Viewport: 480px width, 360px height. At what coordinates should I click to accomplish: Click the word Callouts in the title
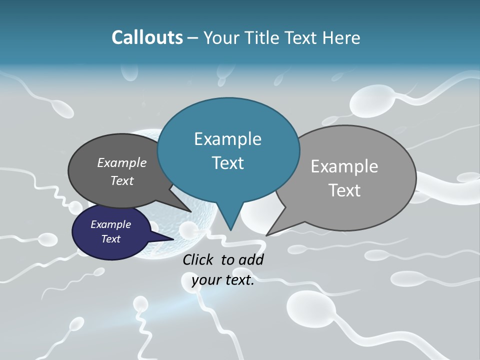(147, 37)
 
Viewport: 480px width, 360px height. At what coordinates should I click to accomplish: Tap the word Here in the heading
(341, 37)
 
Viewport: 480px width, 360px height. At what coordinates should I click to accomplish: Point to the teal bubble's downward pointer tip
(230, 229)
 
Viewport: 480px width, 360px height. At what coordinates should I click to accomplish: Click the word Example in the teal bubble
(227, 138)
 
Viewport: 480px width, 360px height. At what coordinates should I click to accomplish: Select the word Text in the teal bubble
(227, 162)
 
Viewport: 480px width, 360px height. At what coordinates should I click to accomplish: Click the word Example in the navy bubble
(110, 224)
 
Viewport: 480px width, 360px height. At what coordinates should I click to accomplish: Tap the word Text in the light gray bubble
(345, 190)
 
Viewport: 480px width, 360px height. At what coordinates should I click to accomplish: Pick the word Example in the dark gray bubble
(122, 162)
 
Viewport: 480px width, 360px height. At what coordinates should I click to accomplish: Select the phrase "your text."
(223, 280)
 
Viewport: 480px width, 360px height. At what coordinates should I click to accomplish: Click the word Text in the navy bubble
(110, 239)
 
